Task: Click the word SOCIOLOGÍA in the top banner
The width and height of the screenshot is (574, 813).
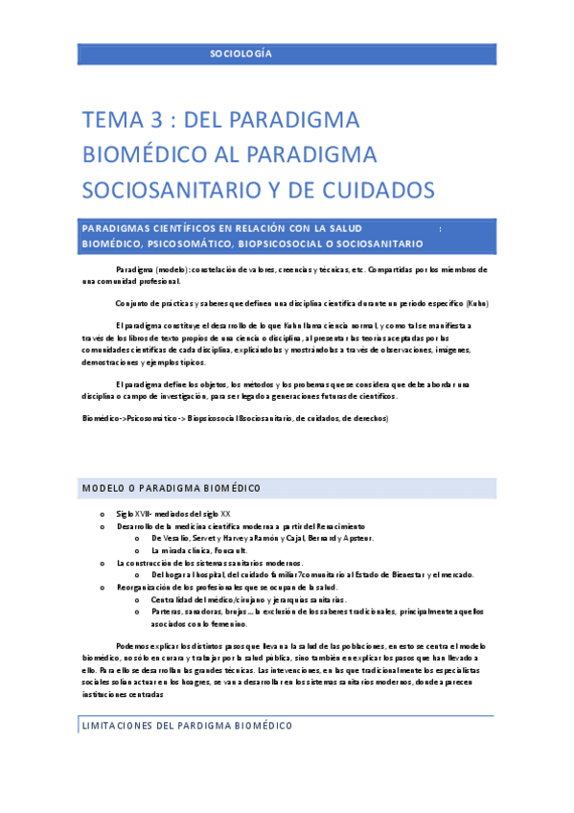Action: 241,54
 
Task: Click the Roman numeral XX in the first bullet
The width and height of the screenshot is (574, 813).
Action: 225,515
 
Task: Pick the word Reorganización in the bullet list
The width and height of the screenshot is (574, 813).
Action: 145,586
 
